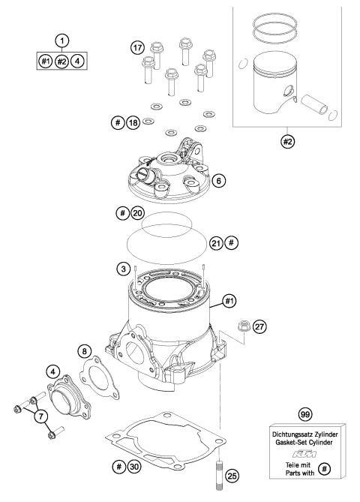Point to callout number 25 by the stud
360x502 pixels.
233,475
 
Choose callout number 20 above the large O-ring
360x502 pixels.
136,214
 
